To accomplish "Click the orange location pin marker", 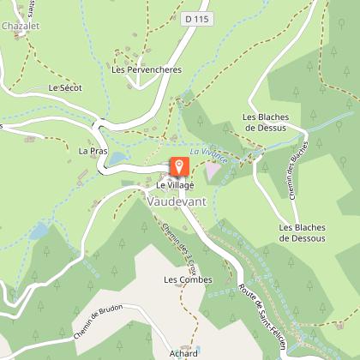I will pos(179,166).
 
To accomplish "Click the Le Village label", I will pos(175,185).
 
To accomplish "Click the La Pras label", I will pos(91,151).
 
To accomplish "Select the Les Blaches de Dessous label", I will pos(302,232).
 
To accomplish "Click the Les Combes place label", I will pos(182,279).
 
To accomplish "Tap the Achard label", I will pos(184,351).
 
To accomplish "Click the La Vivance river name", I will pos(208,153).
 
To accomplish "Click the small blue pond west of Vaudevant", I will pos(38,231).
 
